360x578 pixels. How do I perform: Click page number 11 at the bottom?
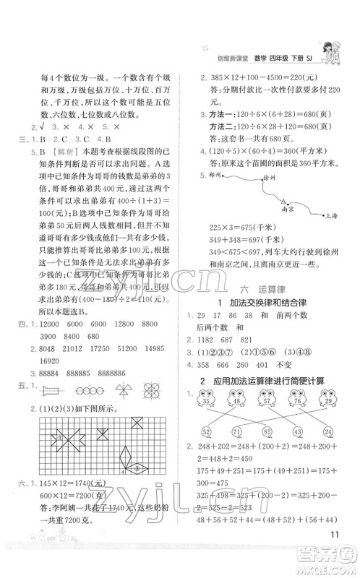coord(335,555)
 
